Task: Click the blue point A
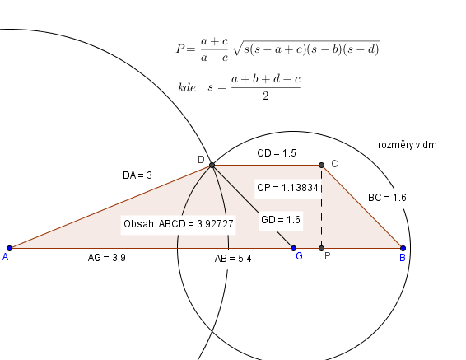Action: (10, 248)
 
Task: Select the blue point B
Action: (403, 248)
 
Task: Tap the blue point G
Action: (294, 248)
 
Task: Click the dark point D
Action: (212, 165)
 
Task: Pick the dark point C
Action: (321, 165)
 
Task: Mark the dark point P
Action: (321, 248)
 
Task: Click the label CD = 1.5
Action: (277, 153)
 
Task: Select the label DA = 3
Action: (137, 175)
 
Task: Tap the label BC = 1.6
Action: (387, 198)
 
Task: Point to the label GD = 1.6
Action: (281, 220)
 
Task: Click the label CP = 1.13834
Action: (287, 188)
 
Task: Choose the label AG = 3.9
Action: (107, 258)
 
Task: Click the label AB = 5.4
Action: (233, 259)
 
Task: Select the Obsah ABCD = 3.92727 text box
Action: (179, 224)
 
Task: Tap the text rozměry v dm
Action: (408, 145)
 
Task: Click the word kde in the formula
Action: (187, 87)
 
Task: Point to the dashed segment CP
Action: (321, 207)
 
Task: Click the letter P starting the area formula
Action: (180, 49)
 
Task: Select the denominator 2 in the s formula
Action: (266, 96)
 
